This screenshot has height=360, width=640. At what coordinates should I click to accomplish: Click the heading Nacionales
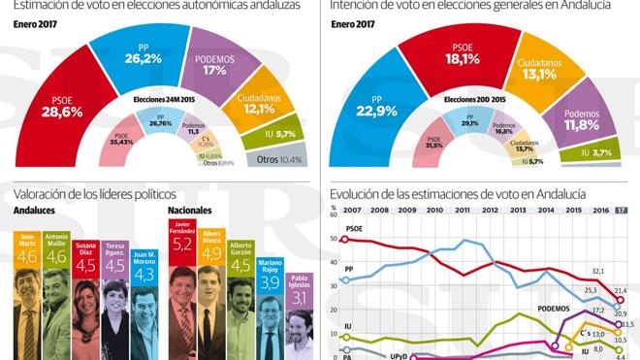tap(190, 210)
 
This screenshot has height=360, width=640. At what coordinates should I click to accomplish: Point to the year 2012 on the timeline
tap(491, 209)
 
